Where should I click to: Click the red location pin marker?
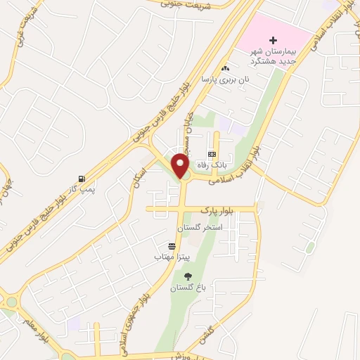(x=181, y=166)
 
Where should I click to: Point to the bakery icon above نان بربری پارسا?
(x=225, y=69)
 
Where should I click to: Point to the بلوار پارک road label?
(x=215, y=210)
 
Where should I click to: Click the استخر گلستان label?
(x=202, y=229)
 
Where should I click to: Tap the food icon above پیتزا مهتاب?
(x=172, y=245)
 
